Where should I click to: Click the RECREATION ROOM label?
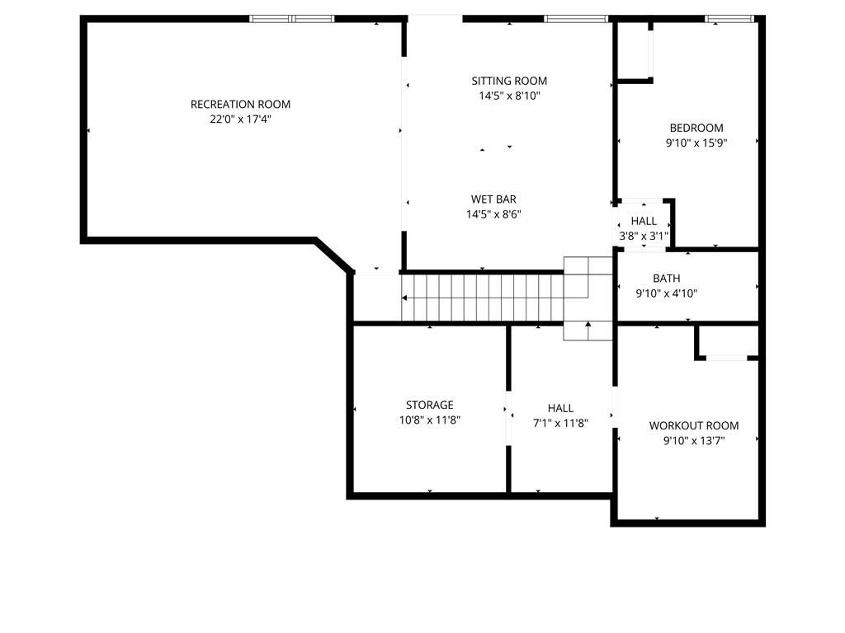pyautogui.click(x=240, y=105)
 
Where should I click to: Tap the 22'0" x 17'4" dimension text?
pyautogui.click(x=240, y=119)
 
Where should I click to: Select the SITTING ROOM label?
pyautogui.click(x=509, y=81)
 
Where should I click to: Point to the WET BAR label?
pyautogui.click(x=493, y=199)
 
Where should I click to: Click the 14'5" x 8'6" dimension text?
pyautogui.click(x=493, y=214)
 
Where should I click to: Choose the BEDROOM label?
pyautogui.click(x=696, y=128)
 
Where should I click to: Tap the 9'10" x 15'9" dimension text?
pyautogui.click(x=696, y=143)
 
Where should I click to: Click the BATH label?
pyautogui.click(x=667, y=279)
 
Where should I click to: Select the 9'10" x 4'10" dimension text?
pyautogui.click(x=667, y=293)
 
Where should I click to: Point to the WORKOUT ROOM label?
pyautogui.click(x=694, y=426)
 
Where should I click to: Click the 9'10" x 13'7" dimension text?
pyautogui.click(x=694, y=441)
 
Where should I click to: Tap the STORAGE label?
pyautogui.click(x=429, y=405)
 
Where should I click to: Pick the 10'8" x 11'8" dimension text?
pyautogui.click(x=429, y=420)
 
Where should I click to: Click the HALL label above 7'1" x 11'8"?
pyautogui.click(x=560, y=408)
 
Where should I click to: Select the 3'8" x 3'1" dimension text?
pyautogui.click(x=644, y=236)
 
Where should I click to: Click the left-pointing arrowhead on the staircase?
pyautogui.click(x=404, y=298)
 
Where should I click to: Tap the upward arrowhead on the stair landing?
pyautogui.click(x=588, y=324)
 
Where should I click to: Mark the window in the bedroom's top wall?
pyautogui.click(x=729, y=19)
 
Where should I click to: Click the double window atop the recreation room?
pyautogui.click(x=291, y=19)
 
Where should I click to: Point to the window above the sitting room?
pyautogui.click(x=575, y=19)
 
